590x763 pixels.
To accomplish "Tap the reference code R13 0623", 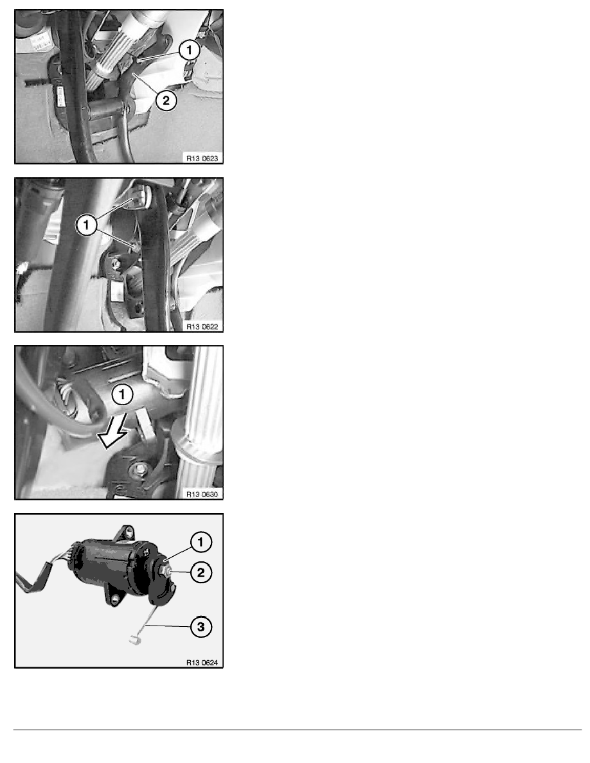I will [x=202, y=156].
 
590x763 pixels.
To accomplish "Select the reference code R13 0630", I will [x=202, y=493].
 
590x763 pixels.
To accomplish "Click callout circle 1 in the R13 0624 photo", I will [x=201, y=543].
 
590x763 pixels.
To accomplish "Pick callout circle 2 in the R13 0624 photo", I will [x=201, y=571].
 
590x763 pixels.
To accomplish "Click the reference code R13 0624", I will [x=202, y=662].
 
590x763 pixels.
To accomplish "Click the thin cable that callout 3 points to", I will [x=148, y=620].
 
